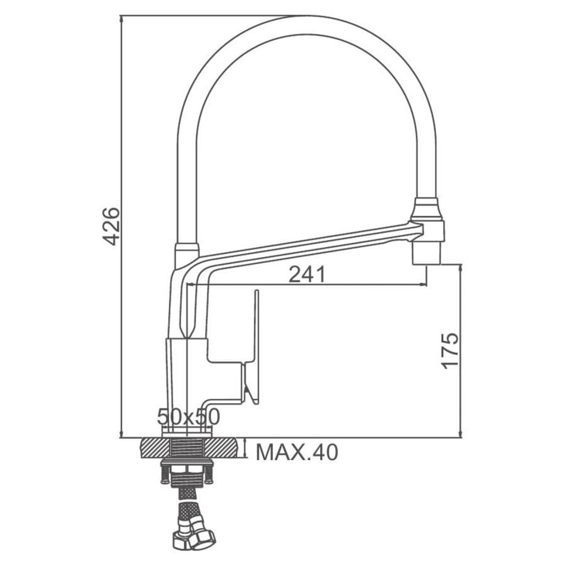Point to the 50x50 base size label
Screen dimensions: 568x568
tap(189, 417)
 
